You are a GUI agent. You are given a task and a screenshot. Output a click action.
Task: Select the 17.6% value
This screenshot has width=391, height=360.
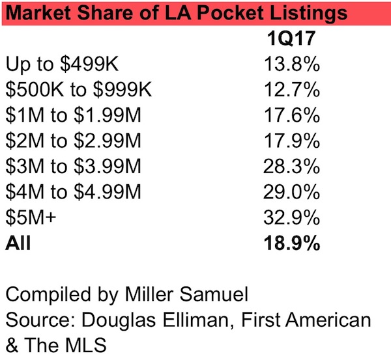pyautogui.click(x=293, y=116)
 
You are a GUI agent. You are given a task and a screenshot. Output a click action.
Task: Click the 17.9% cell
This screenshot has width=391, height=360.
pyautogui.click(x=293, y=141)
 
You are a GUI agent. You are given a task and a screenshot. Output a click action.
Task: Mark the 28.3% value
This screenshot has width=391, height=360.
pyautogui.click(x=293, y=167)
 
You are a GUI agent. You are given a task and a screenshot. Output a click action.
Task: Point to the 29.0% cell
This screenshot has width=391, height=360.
pyautogui.click(x=293, y=193)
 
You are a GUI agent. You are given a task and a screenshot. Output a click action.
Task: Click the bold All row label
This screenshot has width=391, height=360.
pyautogui.click(x=18, y=244)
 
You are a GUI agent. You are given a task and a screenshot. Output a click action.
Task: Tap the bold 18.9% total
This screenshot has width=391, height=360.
pyautogui.click(x=293, y=244)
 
